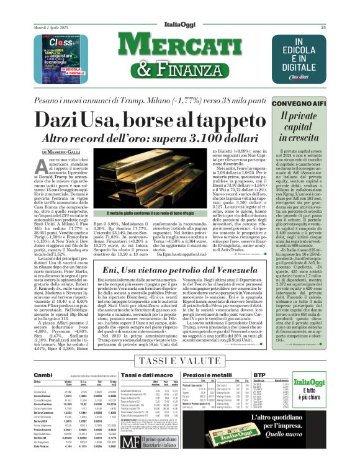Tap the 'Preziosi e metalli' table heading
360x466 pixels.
point(213,375)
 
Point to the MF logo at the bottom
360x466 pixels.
point(130,442)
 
